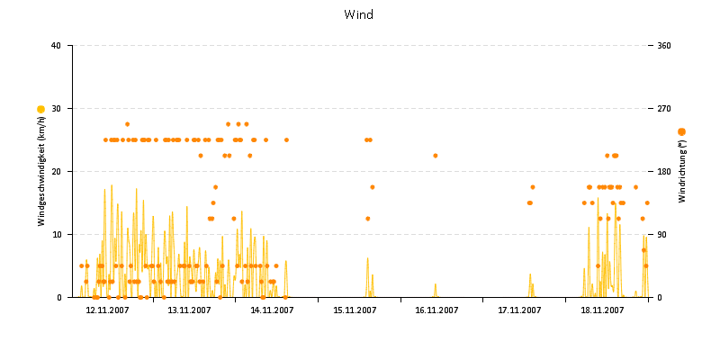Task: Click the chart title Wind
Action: (359, 14)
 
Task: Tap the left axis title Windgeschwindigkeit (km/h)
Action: (41, 171)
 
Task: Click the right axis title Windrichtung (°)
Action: (681, 171)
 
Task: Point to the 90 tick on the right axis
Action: (666, 235)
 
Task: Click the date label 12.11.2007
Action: (107, 310)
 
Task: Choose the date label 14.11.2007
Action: (272, 310)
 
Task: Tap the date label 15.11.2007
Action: (355, 310)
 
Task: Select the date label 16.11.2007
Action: (436, 310)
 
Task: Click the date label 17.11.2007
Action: (519, 310)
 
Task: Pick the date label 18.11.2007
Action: (602, 310)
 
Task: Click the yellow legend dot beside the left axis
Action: (40, 109)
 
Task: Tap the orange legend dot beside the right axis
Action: (681, 132)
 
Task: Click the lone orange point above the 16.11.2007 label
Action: (436, 156)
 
